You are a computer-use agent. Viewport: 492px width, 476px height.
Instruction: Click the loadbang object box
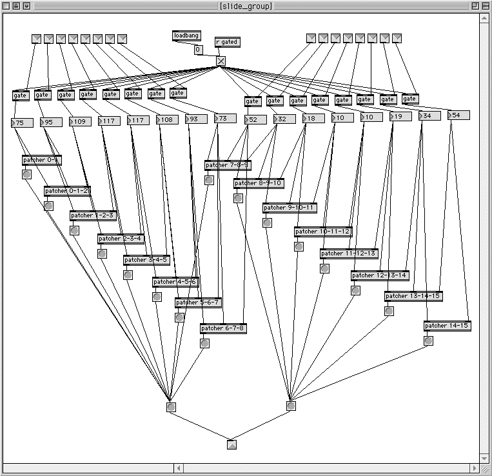click(186, 35)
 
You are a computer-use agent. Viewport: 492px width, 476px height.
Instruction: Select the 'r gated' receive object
click(226, 42)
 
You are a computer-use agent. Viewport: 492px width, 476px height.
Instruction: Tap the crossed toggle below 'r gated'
click(221, 61)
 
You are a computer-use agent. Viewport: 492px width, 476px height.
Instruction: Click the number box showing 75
click(23, 123)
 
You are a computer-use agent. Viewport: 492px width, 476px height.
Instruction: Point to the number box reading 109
click(80, 121)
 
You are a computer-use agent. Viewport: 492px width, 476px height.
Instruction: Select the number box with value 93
click(196, 119)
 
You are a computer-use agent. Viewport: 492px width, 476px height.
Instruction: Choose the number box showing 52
click(255, 119)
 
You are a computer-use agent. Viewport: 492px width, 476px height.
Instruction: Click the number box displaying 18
click(313, 118)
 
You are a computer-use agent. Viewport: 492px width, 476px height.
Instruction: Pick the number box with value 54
click(458, 115)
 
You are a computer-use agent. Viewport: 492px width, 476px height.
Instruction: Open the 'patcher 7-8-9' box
click(228, 165)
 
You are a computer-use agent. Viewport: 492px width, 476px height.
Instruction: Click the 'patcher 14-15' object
click(447, 326)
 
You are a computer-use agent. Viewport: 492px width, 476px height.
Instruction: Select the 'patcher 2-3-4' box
click(121, 239)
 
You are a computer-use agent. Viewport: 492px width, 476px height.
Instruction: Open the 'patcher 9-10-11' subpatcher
click(290, 208)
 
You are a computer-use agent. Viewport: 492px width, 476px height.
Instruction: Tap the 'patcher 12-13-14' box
click(380, 275)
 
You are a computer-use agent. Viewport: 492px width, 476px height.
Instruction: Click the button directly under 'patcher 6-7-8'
click(204, 344)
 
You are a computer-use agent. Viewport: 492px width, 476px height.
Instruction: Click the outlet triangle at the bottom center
click(232, 444)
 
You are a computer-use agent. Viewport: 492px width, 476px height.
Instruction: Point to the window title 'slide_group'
click(246, 6)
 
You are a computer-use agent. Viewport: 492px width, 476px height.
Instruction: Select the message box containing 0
click(198, 49)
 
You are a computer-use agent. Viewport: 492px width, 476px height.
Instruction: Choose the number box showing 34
click(429, 115)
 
